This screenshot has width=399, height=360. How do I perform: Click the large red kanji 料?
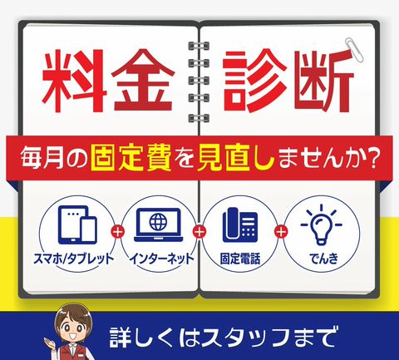(74, 81)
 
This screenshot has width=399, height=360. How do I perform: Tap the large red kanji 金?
(143, 81)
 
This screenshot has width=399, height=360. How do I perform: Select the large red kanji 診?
(254, 81)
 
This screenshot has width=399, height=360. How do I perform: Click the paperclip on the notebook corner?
(355, 49)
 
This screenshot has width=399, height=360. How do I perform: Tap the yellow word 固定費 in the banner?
(131, 159)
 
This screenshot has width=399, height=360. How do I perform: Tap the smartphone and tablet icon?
(77, 224)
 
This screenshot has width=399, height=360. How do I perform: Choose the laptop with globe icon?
(159, 224)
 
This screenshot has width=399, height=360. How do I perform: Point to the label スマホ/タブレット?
(74, 259)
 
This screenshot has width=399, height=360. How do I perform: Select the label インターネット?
(162, 259)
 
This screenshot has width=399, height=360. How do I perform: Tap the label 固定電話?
(240, 259)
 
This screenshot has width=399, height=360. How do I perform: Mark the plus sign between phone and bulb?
(281, 232)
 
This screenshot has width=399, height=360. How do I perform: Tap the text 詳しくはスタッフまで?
(224, 338)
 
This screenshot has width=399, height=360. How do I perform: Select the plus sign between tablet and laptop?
(118, 232)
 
